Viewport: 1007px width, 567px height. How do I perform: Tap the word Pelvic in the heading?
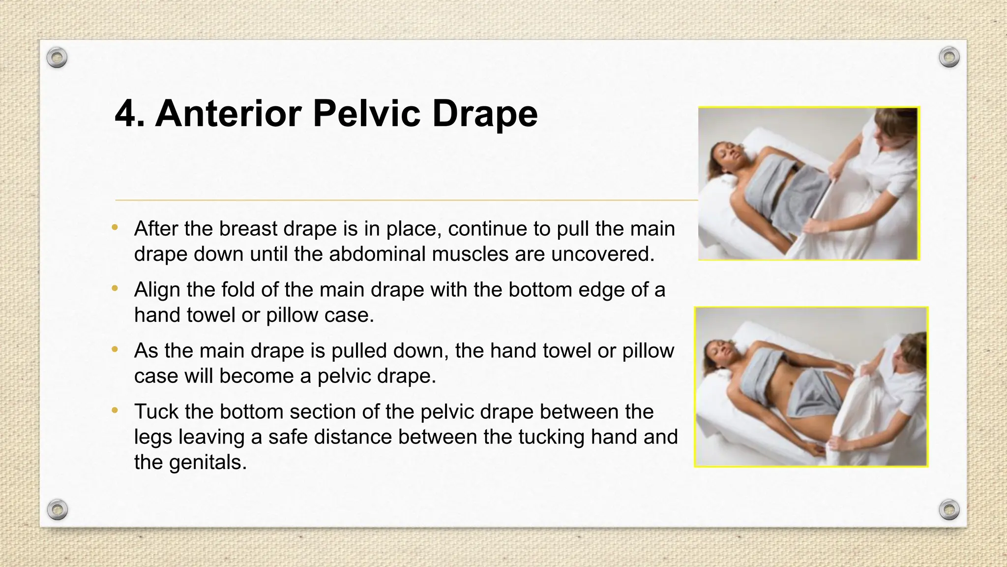point(367,114)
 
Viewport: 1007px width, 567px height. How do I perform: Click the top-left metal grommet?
point(57,58)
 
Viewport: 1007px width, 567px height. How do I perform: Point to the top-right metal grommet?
point(949,58)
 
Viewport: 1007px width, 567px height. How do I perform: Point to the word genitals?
point(207,463)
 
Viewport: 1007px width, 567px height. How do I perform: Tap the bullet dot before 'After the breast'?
point(115,227)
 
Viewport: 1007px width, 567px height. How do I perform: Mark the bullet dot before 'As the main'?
point(115,349)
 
